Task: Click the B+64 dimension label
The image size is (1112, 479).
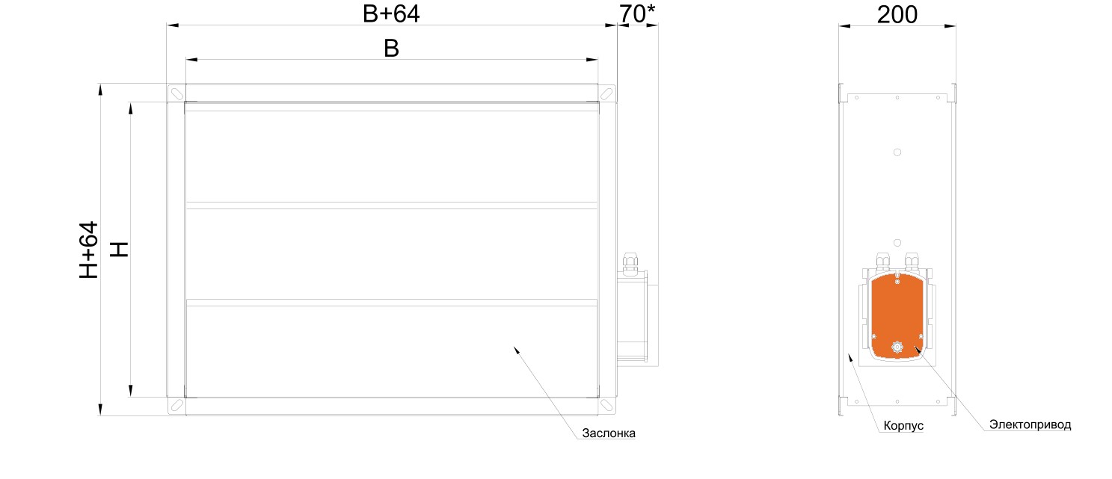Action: coord(391,13)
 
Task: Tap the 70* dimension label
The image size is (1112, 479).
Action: coord(637,13)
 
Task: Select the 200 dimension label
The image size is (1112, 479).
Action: coord(897,14)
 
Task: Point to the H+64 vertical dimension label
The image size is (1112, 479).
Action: coord(89,250)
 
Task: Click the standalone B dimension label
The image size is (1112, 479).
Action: coord(391,49)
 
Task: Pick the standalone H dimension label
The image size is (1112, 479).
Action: coord(119,250)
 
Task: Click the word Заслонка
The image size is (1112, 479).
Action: coord(609,433)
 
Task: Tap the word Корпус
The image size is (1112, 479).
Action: coord(903,425)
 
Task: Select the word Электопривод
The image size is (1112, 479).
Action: coord(1030,424)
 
